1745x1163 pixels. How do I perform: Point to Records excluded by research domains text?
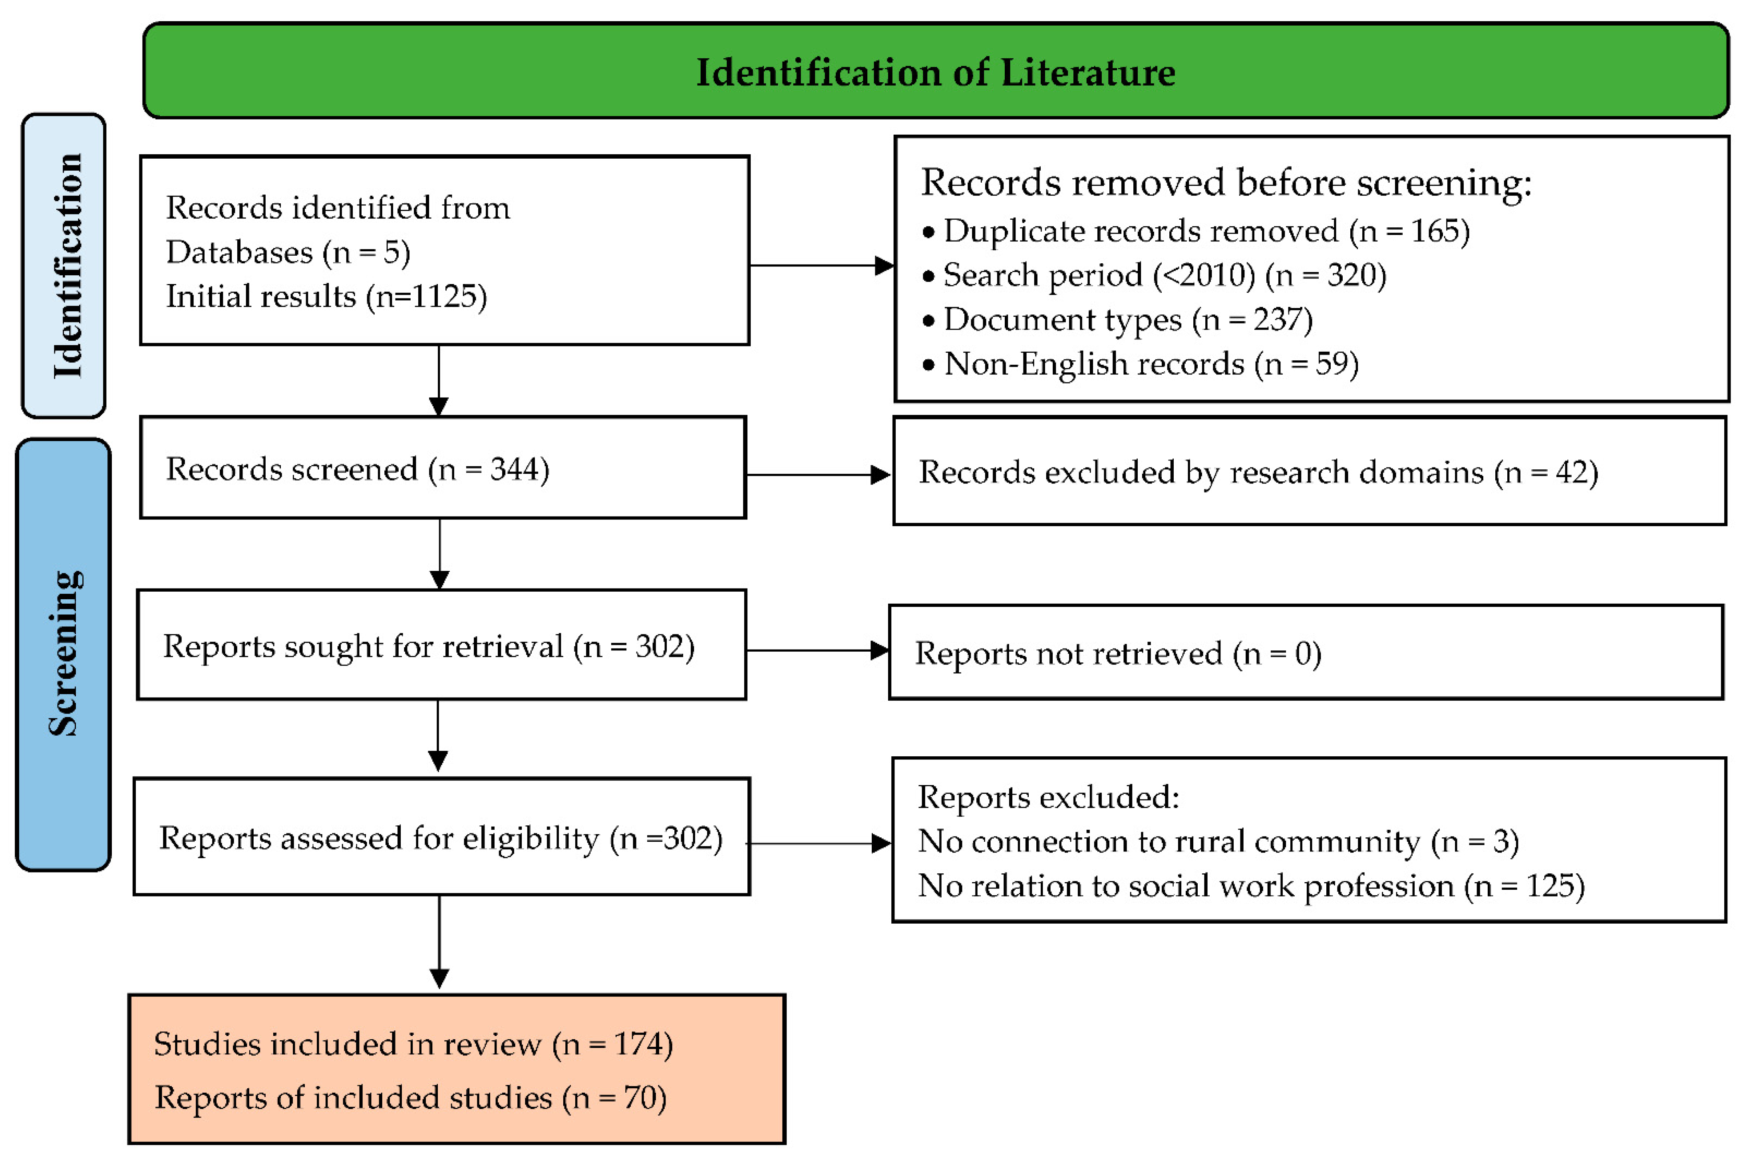[x=1258, y=473]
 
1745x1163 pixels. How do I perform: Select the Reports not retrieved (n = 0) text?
[x=1118, y=654]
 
